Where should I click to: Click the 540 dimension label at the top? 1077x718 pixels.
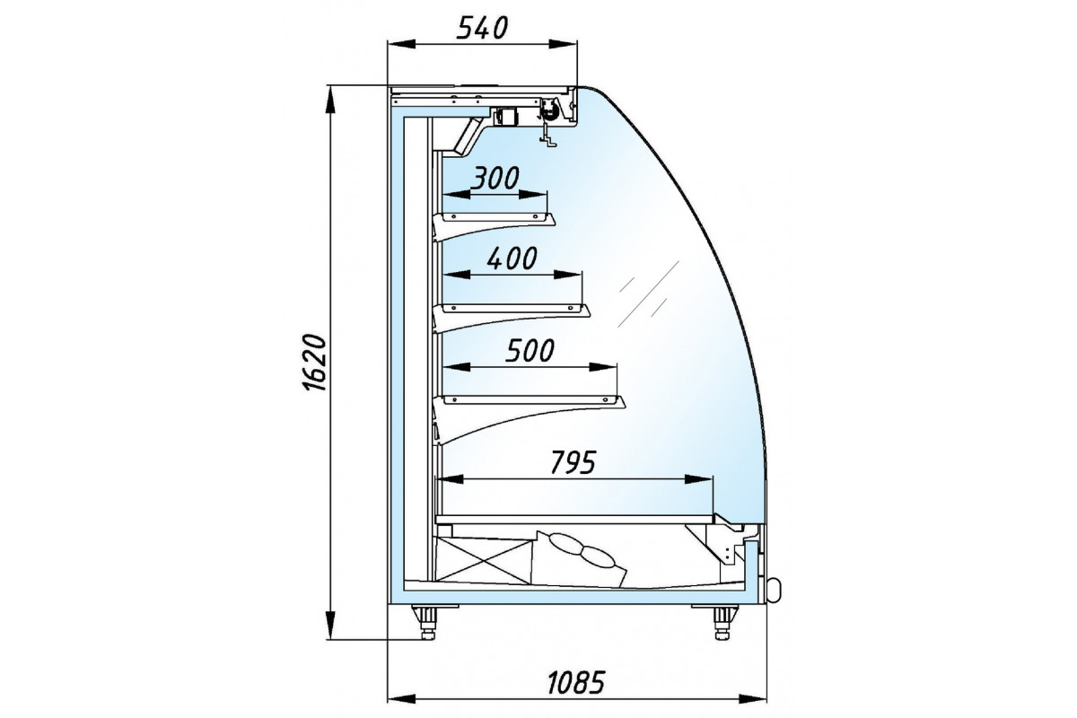tap(482, 28)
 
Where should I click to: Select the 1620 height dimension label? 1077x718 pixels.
tap(315, 362)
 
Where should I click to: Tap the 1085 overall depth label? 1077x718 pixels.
tap(576, 682)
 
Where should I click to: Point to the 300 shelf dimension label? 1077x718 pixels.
tap(495, 178)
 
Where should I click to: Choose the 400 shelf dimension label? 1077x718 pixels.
tap(512, 258)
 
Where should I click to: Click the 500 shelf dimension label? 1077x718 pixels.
tap(530, 351)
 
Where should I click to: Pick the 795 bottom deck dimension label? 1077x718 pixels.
tap(574, 462)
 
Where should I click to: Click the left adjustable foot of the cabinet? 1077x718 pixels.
tap(425, 622)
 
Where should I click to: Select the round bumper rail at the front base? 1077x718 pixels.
tap(774, 590)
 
